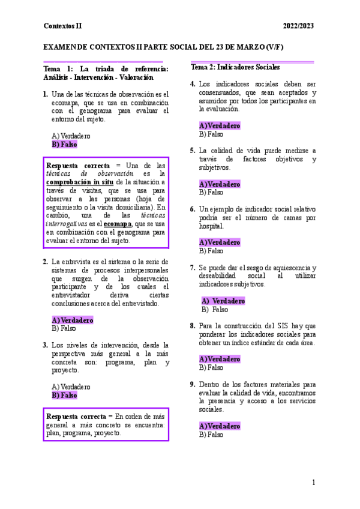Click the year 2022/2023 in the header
[298, 26]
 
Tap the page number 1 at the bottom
[313, 483]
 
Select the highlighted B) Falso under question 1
[64, 144]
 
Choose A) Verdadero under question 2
[73, 320]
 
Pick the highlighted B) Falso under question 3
[64, 396]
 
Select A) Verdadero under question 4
[220, 125]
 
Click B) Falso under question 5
[211, 192]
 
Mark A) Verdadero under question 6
[220, 242]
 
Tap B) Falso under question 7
[215, 309]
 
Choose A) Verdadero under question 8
[220, 359]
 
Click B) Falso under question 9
[211, 434]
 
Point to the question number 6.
[192, 209]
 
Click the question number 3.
[46, 345]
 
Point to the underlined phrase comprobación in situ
[79, 182]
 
